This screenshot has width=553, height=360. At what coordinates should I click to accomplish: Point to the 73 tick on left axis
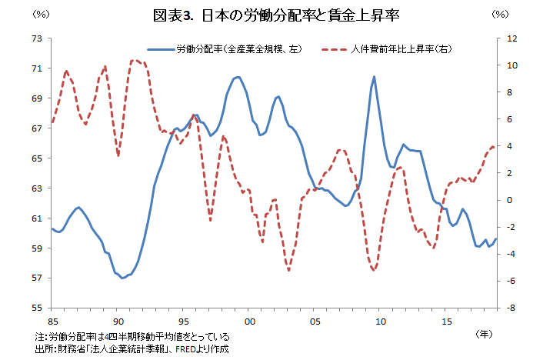click(37, 38)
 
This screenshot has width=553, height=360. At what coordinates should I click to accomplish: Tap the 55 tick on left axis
click(37, 308)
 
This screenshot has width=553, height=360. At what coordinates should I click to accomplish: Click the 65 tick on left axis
click(37, 158)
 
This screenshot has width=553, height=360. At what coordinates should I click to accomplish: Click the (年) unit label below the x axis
click(485, 334)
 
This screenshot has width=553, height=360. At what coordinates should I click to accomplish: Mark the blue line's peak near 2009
click(374, 76)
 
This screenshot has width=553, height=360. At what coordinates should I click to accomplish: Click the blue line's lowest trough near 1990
click(123, 278)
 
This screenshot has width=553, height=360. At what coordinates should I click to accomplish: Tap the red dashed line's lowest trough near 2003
click(288, 270)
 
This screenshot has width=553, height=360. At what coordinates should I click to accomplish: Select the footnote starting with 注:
click(132, 337)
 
